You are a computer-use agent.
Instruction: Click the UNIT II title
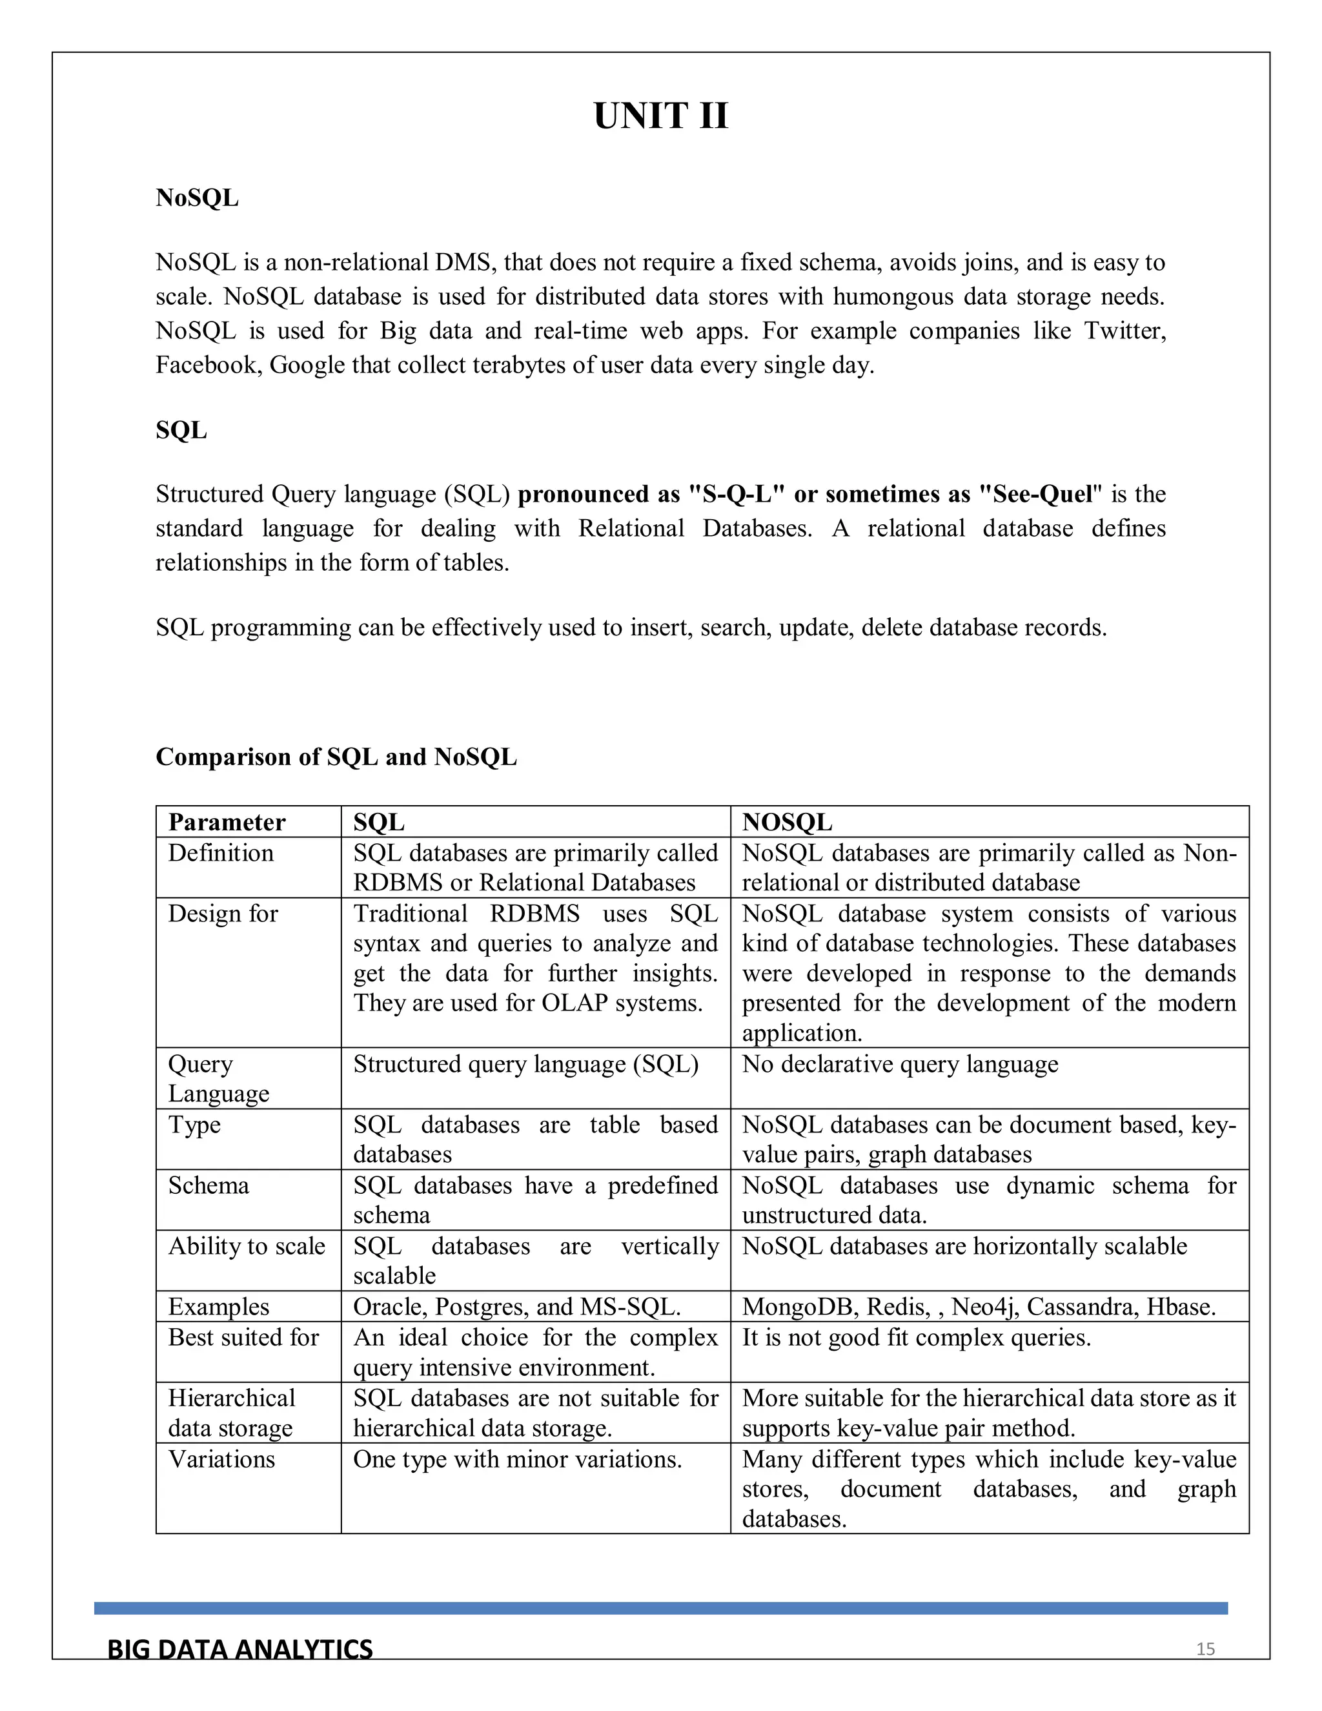[660, 116]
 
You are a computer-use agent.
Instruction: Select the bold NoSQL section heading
[197, 198]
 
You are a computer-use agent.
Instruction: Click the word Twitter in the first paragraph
[1124, 331]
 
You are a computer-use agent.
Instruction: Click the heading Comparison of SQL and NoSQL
[336, 756]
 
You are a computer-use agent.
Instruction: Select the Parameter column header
[227, 822]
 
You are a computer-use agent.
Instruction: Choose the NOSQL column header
[786, 822]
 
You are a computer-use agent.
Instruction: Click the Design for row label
[223, 914]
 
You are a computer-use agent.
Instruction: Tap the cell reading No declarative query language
[899, 1064]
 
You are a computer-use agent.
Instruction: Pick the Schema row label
[208, 1185]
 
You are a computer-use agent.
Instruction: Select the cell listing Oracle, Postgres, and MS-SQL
[516, 1307]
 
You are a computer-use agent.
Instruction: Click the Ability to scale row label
[246, 1245]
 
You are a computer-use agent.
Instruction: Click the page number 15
[1205, 1649]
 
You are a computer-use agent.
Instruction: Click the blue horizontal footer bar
[660, 1608]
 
